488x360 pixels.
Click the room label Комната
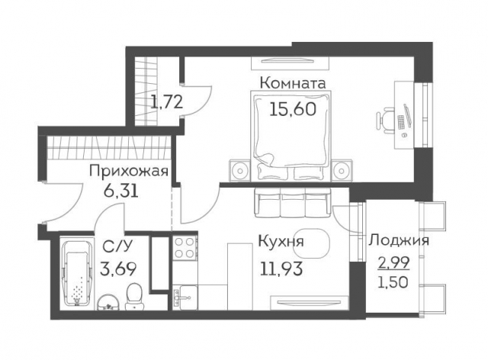point(293,82)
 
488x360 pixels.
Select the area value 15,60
point(293,108)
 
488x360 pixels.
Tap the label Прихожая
point(128,171)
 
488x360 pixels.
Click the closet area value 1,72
point(165,101)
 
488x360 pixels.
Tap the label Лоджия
point(398,241)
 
